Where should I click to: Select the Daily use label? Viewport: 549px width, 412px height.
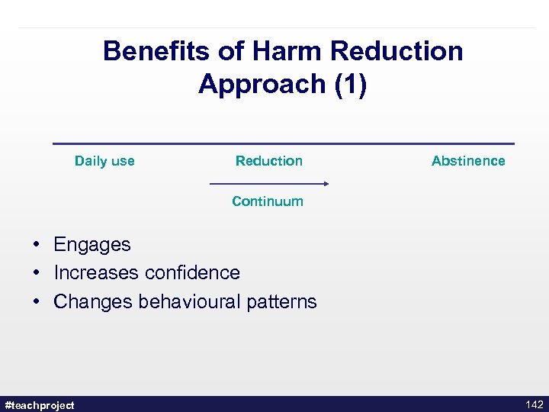click(x=104, y=161)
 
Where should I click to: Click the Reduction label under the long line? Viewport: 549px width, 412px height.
click(x=268, y=161)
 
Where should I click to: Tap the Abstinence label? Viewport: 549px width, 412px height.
click(x=468, y=161)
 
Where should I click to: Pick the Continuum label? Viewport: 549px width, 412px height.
click(x=268, y=201)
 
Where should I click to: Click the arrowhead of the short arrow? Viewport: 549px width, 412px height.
click(x=326, y=184)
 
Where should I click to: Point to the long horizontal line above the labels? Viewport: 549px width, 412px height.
click(x=283, y=143)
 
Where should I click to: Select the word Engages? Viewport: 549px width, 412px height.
click(x=92, y=245)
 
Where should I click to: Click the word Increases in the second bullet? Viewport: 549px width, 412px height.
click(x=96, y=272)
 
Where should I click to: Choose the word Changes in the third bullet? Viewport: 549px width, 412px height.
click(x=93, y=301)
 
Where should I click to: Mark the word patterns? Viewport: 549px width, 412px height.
click(x=281, y=301)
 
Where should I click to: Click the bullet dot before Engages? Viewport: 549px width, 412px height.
click(x=37, y=245)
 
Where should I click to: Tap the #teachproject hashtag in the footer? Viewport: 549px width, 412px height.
click(x=40, y=405)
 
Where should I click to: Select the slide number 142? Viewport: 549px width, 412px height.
click(x=534, y=404)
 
